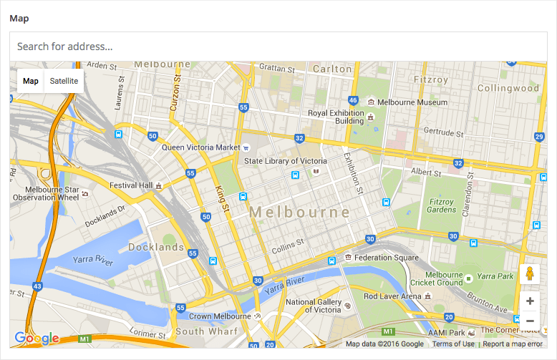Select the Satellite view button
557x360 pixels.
(x=64, y=81)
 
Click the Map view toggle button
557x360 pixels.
(x=31, y=81)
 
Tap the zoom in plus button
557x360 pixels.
(x=530, y=301)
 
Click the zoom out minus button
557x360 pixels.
(x=530, y=321)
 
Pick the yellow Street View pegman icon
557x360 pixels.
(x=530, y=275)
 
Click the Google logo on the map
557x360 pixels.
(x=37, y=339)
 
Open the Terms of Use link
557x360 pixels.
(x=453, y=344)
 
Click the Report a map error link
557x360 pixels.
(x=513, y=344)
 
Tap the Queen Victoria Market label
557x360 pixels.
(x=200, y=147)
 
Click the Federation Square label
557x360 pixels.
(x=386, y=258)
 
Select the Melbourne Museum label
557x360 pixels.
(x=412, y=102)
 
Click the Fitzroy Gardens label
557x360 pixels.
(x=441, y=205)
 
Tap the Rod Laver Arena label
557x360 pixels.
(x=392, y=296)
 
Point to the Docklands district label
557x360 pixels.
(x=156, y=248)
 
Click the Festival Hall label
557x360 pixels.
(x=131, y=185)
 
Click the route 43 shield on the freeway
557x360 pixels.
(x=37, y=286)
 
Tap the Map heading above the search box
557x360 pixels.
(x=19, y=18)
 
